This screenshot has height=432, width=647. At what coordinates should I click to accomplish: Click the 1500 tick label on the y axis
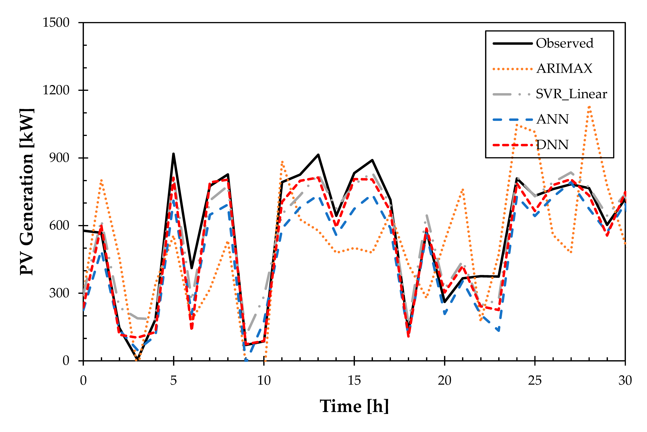(x=56, y=23)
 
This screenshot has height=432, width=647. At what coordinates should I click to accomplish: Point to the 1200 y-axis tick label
(x=56, y=90)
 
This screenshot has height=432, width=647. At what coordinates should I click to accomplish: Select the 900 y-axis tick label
(x=59, y=158)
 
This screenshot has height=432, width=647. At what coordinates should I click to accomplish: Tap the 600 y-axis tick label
(x=59, y=225)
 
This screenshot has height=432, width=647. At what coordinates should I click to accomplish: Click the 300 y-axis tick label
(x=59, y=293)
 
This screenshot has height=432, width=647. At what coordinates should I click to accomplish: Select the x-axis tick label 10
(x=264, y=381)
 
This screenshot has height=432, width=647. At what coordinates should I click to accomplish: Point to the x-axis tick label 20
(x=445, y=381)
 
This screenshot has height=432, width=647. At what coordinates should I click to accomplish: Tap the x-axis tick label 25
(x=535, y=381)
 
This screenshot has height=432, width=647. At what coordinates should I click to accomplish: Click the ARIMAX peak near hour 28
(x=589, y=107)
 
